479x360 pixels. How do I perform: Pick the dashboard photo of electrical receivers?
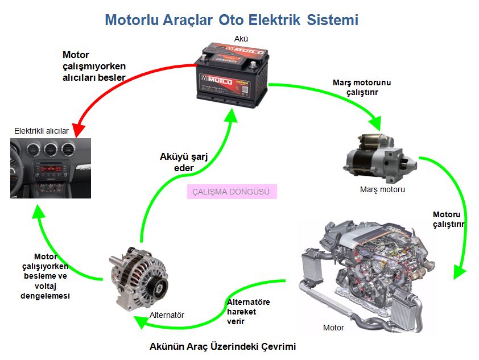point(51,168)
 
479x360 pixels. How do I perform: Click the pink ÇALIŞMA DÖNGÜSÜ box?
point(232,191)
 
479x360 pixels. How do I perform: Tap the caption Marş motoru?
point(382,189)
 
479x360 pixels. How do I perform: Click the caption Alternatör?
point(167,315)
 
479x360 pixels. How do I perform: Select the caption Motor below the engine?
point(333,328)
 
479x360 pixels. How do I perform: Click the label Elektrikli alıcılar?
point(42,131)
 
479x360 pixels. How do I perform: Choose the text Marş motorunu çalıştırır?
point(362,87)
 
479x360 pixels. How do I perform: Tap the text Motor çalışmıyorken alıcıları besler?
point(93,66)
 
